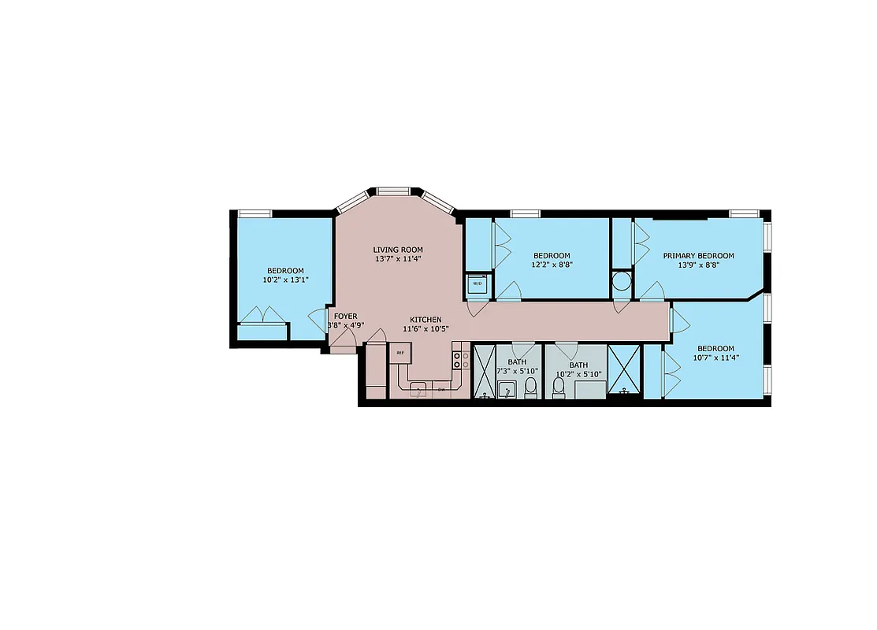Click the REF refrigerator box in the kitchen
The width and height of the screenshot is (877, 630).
pyautogui.click(x=400, y=354)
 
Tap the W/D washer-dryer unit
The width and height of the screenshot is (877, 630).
pyautogui.click(x=477, y=283)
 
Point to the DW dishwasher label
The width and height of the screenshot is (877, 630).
pyautogui.click(x=441, y=389)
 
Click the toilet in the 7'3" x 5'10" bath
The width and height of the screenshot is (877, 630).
pyautogui.click(x=530, y=387)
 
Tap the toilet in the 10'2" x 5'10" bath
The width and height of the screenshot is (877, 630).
pyautogui.click(x=559, y=387)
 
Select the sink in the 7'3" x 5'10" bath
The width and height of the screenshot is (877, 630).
pyautogui.click(x=508, y=388)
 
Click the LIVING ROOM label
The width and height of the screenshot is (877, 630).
pyautogui.click(x=398, y=250)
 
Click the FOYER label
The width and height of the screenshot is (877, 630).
pyautogui.click(x=345, y=316)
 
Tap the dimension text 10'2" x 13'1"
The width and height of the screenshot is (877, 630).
pyautogui.click(x=284, y=280)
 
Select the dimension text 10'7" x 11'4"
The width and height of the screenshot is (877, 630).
pyautogui.click(x=715, y=358)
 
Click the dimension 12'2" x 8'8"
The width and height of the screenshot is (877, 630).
pyautogui.click(x=552, y=265)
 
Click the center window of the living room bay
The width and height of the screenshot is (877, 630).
pyautogui.click(x=392, y=191)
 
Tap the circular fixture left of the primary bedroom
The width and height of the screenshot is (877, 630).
pyautogui.click(x=622, y=280)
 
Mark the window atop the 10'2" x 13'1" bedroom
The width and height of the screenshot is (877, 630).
pyautogui.click(x=255, y=213)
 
